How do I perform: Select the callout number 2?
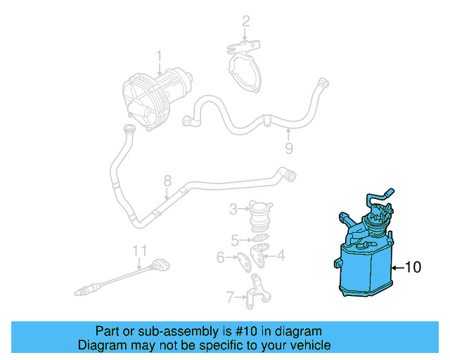245,22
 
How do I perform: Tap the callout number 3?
233,208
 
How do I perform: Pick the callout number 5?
235,239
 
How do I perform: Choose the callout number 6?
220,257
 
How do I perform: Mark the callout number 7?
229,297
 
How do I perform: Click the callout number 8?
167,181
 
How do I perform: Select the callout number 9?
288,148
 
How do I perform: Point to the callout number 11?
140,250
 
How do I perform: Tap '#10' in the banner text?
255,331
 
